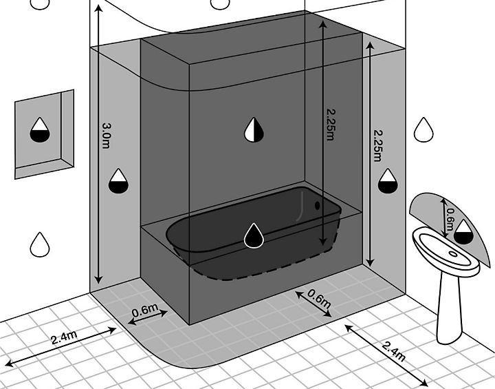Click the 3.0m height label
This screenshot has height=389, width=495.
point(107,136)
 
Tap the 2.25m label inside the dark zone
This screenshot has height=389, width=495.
point(331,125)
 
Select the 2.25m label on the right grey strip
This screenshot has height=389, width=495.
point(377,145)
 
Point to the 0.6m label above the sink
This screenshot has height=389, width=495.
point(450,220)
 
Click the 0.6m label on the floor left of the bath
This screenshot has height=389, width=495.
point(145,311)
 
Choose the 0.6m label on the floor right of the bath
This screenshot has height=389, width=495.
point(319,299)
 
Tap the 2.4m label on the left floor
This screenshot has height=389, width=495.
point(64,337)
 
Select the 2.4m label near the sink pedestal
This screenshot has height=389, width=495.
point(393,351)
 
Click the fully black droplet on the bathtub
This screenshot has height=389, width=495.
point(254,235)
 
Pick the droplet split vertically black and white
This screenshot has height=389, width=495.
point(254,129)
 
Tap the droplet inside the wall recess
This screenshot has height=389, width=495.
point(40,130)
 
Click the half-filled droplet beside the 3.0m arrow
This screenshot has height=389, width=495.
point(118,181)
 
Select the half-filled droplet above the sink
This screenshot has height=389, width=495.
point(463,232)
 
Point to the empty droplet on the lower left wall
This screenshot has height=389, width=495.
point(40,244)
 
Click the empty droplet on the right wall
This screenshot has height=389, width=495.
point(423,129)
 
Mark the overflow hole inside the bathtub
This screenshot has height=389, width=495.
point(317,205)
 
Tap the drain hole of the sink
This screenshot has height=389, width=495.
point(452,253)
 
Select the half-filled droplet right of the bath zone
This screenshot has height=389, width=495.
point(388,181)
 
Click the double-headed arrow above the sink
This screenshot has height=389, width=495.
point(444,218)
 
